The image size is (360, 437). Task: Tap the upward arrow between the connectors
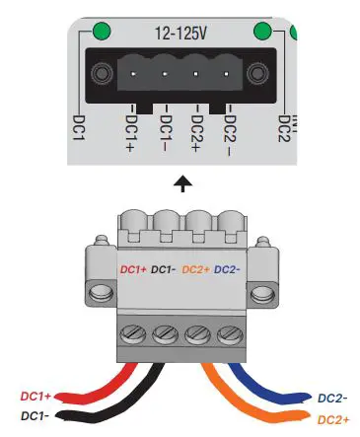181,182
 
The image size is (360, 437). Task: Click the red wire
100,385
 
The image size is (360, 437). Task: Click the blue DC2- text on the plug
228,268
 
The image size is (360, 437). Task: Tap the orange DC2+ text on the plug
196,268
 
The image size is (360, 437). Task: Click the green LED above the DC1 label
101,30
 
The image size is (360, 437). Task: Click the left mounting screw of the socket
102,74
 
